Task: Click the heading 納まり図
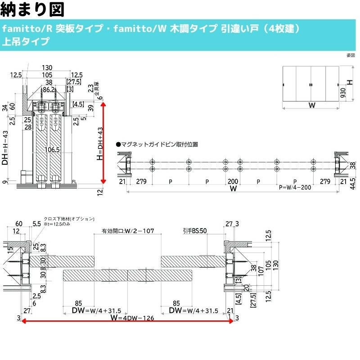click(x=33, y=9)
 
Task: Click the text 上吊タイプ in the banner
click(x=26, y=42)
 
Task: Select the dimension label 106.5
click(x=52, y=150)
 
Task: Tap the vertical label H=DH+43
click(x=99, y=143)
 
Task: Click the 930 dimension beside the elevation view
click(x=343, y=93)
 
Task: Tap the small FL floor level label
click(x=74, y=181)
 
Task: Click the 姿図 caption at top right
click(x=351, y=56)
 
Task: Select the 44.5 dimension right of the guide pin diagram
click(x=353, y=183)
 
